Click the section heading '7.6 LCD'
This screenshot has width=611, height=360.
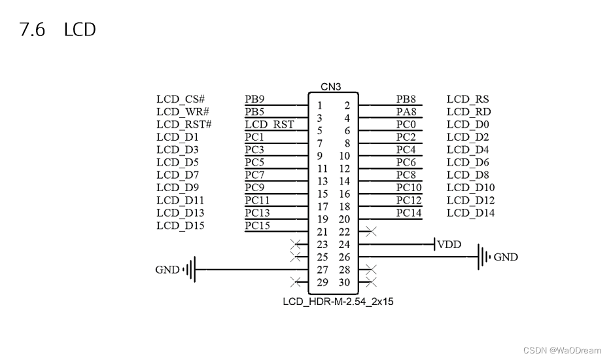point(58,29)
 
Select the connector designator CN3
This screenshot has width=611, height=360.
point(330,86)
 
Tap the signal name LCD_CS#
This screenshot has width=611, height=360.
point(181,99)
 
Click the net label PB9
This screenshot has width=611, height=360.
point(254,99)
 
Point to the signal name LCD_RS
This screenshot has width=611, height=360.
point(468,99)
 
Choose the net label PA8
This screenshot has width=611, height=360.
point(406,112)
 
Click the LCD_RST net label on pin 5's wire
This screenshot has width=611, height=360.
point(270,124)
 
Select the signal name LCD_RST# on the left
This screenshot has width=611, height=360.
point(184,124)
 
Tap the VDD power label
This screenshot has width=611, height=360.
point(449,245)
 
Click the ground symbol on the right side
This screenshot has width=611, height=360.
point(483,257)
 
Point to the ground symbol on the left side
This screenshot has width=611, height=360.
point(190,270)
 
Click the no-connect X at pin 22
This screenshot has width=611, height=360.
point(372,232)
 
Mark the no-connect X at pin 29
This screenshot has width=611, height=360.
point(296,282)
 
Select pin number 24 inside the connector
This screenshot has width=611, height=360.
point(344,245)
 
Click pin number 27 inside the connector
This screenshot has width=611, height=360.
point(323,270)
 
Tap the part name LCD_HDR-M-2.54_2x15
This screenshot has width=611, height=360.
point(338,302)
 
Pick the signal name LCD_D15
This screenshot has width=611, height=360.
point(181,226)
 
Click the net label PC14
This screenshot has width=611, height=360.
point(409,213)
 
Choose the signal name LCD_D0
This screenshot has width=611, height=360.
point(468,124)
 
